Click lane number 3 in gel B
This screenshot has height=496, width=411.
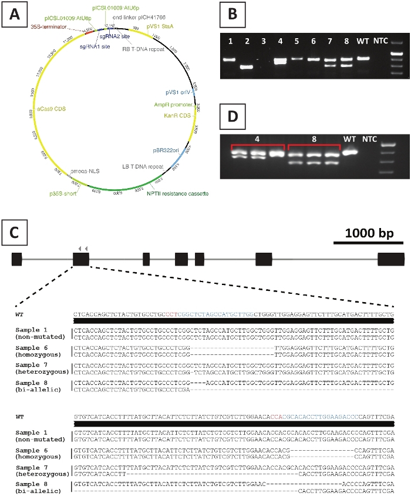point(264,42)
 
